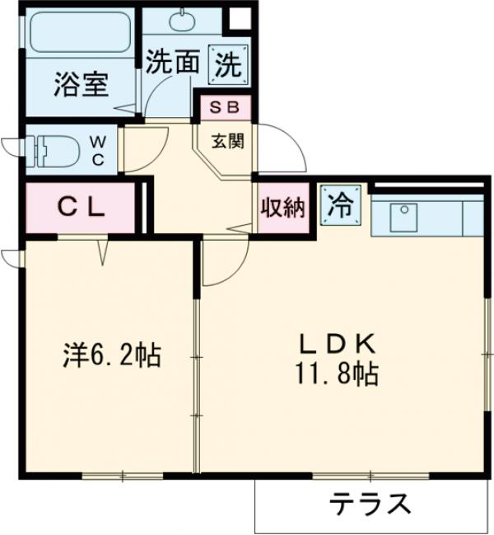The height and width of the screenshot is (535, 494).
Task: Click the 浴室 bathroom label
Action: tap(82, 85)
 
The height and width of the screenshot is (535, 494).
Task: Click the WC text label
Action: tap(98, 151)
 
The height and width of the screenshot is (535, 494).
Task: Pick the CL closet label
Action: tap(80, 208)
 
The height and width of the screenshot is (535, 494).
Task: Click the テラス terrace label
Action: tap(370, 502)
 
